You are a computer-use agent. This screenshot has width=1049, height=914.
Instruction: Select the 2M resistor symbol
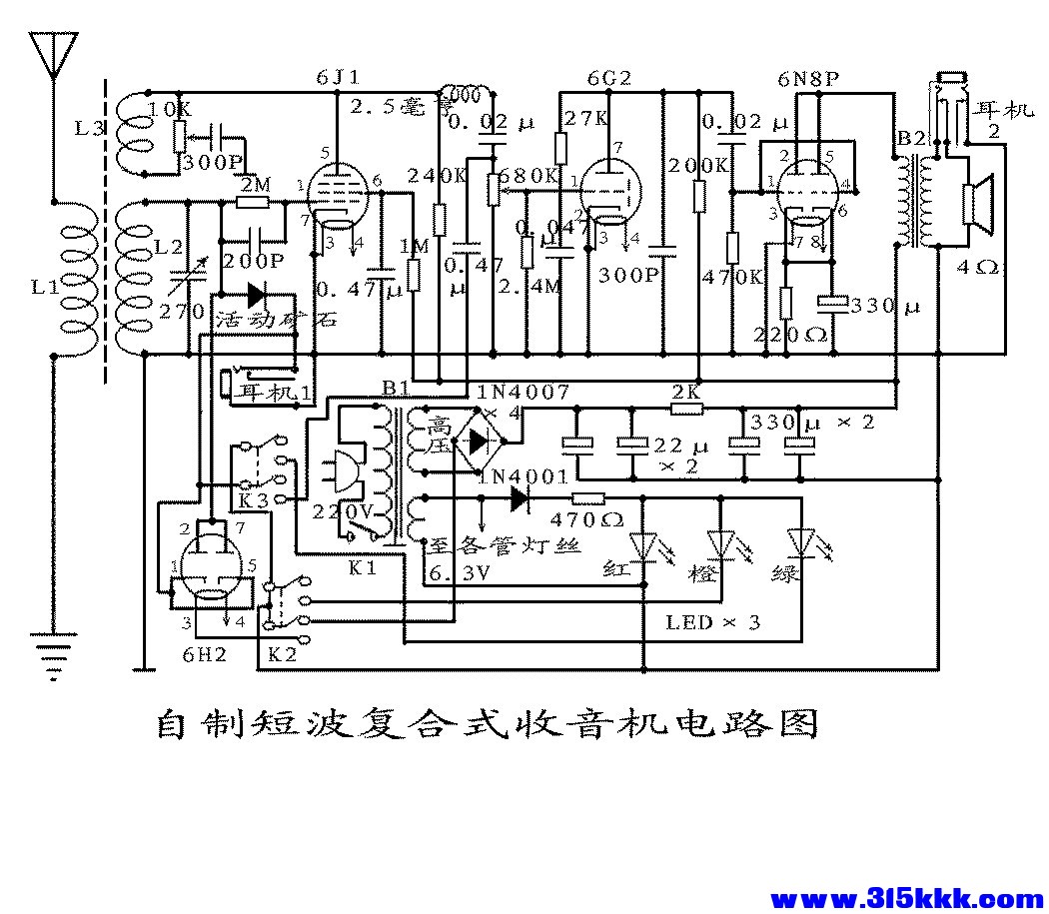point(251,202)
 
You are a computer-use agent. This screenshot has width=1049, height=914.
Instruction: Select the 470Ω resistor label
point(586,519)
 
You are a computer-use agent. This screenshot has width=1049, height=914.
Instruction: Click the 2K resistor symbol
point(686,408)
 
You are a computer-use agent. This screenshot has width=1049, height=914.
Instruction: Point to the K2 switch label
point(282,656)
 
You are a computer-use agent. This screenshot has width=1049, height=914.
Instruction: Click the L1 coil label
point(44,288)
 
